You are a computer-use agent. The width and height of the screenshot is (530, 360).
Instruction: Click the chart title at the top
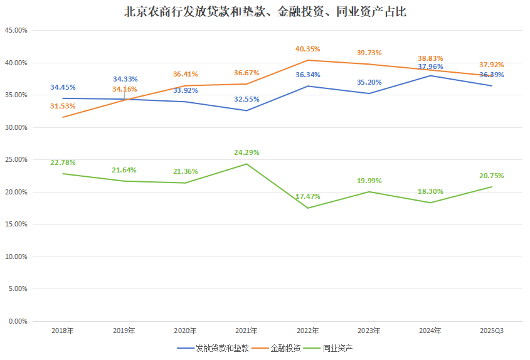[x=265, y=11]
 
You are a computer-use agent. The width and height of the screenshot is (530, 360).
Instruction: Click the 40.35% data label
[x=307, y=49]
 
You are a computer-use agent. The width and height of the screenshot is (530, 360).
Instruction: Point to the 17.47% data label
[x=307, y=196]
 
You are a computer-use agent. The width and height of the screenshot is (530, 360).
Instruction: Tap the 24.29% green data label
[x=246, y=152]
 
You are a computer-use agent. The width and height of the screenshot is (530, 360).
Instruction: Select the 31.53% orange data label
[x=63, y=106]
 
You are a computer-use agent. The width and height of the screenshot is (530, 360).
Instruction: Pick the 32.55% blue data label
[x=246, y=99]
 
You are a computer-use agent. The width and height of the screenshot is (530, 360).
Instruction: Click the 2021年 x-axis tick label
[x=246, y=330]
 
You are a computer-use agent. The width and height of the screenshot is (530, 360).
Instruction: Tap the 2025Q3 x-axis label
[x=492, y=330]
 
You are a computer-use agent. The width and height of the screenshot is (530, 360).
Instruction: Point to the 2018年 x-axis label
[x=63, y=330]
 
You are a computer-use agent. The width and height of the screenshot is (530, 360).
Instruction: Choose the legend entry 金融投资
[x=286, y=348]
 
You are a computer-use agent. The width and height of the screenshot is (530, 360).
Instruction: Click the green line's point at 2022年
[x=307, y=208]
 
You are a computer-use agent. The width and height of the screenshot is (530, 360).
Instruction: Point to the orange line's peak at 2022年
[x=307, y=60]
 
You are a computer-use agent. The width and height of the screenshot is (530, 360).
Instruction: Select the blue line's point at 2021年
[x=246, y=110]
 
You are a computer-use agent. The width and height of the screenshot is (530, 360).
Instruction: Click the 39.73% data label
[x=369, y=53]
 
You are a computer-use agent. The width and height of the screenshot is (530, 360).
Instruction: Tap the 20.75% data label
[x=492, y=176]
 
